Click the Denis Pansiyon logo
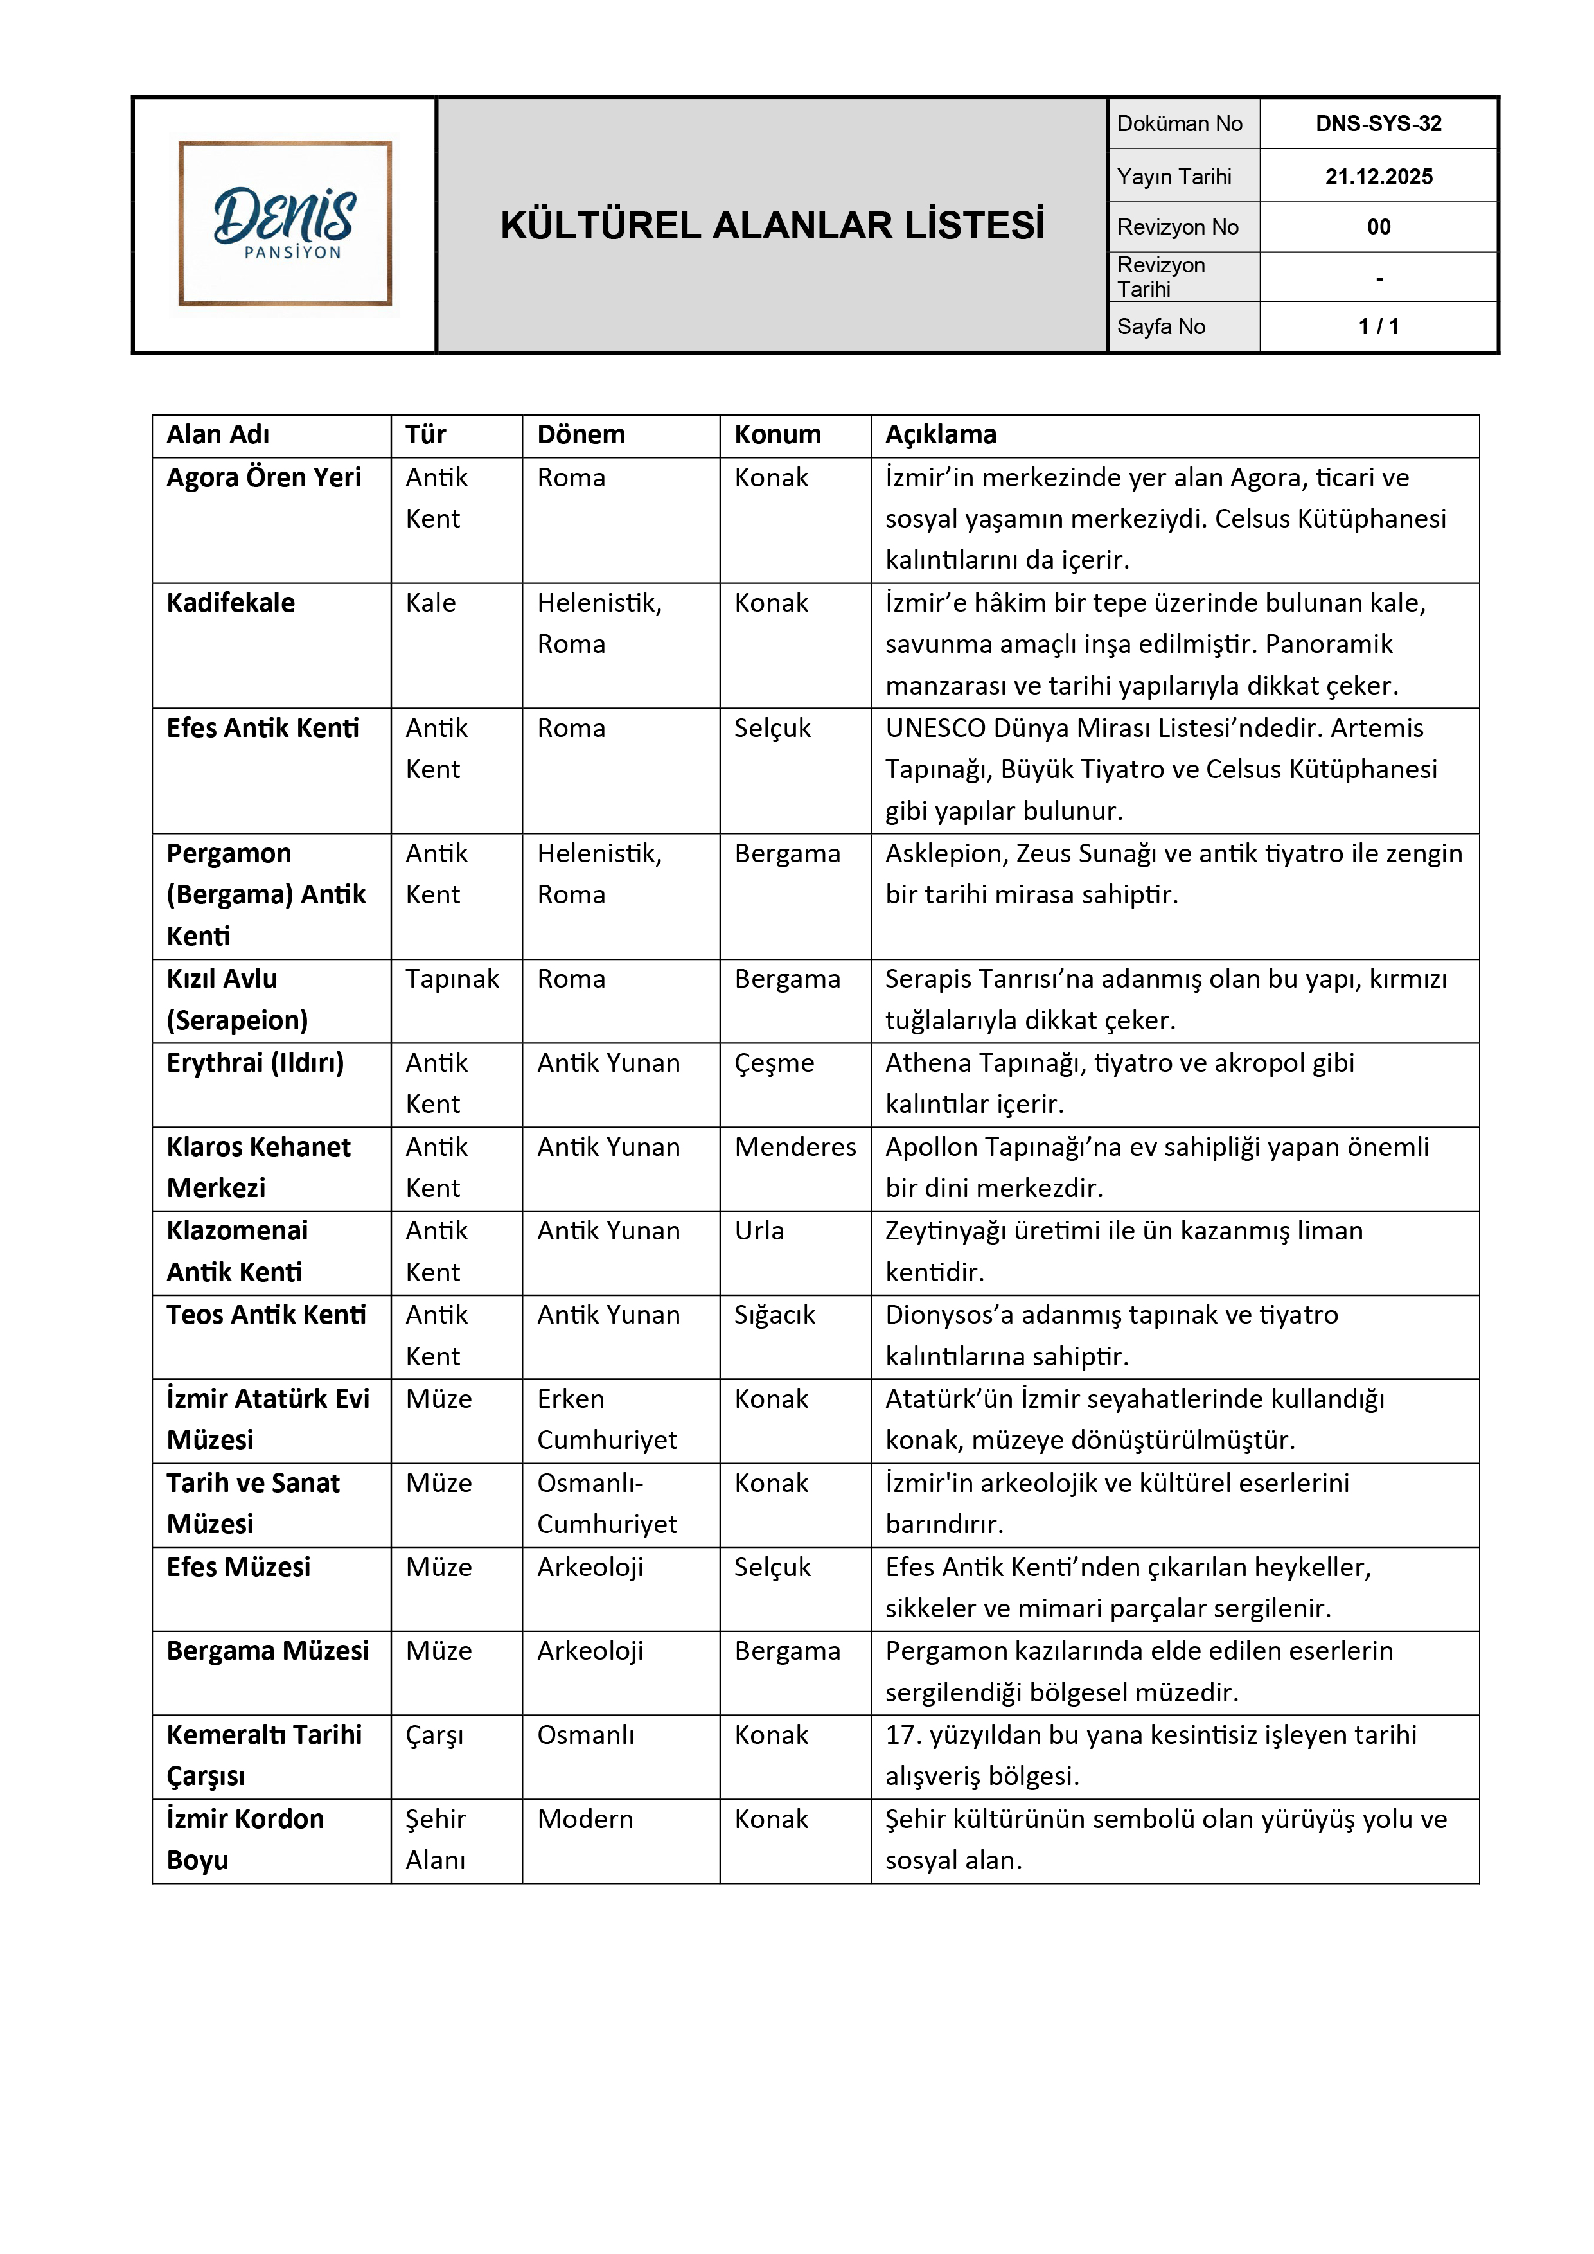(285, 224)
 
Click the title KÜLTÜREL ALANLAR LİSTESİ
(772, 226)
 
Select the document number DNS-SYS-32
(1378, 124)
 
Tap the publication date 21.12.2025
(1378, 177)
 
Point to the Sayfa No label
(1160, 327)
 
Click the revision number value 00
(1378, 227)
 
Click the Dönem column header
(580, 435)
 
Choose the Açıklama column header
(941, 435)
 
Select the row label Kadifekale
(231, 603)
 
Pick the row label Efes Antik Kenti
(262, 729)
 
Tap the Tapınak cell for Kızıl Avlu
(452, 979)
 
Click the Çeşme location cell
(774, 1063)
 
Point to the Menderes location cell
(795, 1147)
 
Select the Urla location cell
(759, 1231)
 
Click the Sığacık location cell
(774, 1315)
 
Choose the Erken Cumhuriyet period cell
(607, 1419)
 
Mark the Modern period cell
(585, 1819)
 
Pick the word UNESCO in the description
(934, 729)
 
